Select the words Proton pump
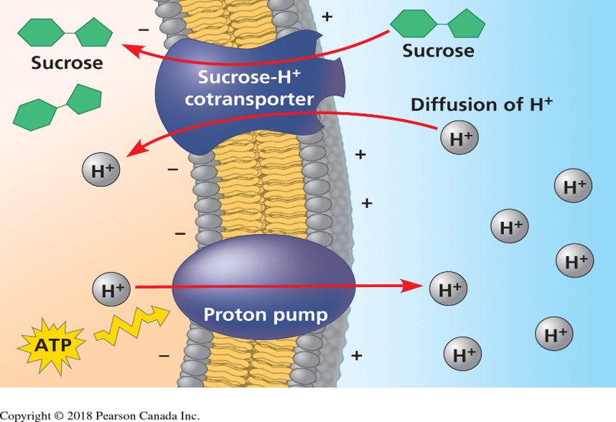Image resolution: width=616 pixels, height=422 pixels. pyautogui.click(x=255, y=314)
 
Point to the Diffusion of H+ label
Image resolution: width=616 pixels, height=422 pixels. pyautogui.click(x=481, y=104)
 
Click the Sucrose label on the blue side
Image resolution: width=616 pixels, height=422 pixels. pyautogui.click(x=438, y=50)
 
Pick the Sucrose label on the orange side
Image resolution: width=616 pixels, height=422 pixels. pyautogui.click(x=67, y=62)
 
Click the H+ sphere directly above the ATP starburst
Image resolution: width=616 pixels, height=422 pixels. pyautogui.click(x=113, y=291)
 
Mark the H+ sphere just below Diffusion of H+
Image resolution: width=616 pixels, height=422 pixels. pyautogui.click(x=459, y=139)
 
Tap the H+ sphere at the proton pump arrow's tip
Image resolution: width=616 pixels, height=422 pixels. pyautogui.click(x=450, y=290)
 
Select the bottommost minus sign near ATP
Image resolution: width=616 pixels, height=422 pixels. pyautogui.click(x=164, y=355)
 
